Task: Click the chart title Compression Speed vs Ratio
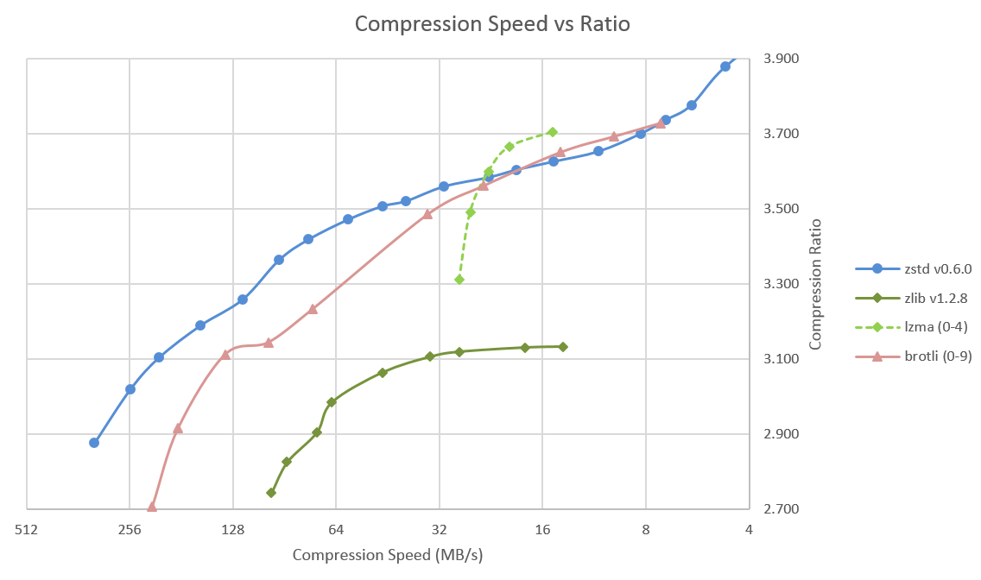point(492,24)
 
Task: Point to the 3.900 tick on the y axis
point(781,59)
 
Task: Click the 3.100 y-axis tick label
point(781,359)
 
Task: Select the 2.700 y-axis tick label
point(781,509)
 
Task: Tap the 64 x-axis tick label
point(336,530)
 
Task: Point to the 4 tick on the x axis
point(749,530)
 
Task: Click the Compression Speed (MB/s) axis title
point(387,555)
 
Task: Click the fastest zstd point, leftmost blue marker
point(94,443)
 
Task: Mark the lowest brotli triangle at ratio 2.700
point(152,507)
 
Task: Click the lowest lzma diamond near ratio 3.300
point(459,280)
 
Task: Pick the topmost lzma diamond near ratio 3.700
point(553,132)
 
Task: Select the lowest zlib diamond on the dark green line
point(271,493)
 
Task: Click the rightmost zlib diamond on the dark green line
point(563,347)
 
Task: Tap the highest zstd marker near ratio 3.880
point(725,66)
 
